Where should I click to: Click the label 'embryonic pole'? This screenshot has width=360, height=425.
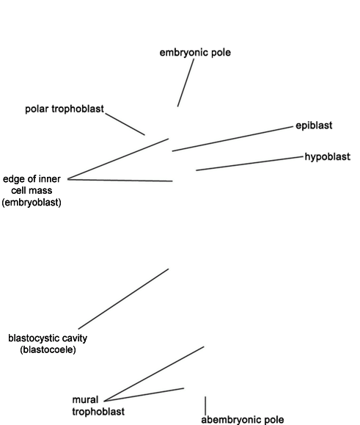pos(195,53)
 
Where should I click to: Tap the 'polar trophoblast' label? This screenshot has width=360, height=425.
pos(65,109)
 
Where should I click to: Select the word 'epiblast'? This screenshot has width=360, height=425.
pos(314,126)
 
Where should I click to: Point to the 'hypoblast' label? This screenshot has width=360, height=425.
pos(328,156)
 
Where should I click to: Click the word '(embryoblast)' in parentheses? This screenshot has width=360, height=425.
pos(32,203)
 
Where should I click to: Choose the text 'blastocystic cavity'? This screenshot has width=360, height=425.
pos(48,338)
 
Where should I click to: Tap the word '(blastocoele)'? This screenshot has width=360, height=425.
pos(48,349)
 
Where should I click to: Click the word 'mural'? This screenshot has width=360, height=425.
pos(85,400)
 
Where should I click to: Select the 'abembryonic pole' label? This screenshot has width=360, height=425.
pos(243,420)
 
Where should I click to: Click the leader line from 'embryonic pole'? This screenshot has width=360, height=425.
pos(185,83)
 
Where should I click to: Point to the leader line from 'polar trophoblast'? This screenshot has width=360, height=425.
pos(125,124)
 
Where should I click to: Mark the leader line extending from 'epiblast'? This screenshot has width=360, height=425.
pos(232,139)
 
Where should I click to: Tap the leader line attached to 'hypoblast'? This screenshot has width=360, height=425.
pos(249,164)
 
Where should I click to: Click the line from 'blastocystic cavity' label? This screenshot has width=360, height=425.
pos(123,299)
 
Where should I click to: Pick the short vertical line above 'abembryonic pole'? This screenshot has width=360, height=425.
pos(205,405)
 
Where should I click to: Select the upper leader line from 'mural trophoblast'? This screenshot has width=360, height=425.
pos(154,374)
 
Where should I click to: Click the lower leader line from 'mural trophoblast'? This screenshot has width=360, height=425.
pos(144,395)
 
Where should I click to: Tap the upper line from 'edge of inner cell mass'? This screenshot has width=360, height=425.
pos(118,159)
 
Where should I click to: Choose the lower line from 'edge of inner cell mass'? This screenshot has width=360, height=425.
pos(120,180)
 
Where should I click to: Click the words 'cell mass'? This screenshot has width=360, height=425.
pos(32,191)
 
